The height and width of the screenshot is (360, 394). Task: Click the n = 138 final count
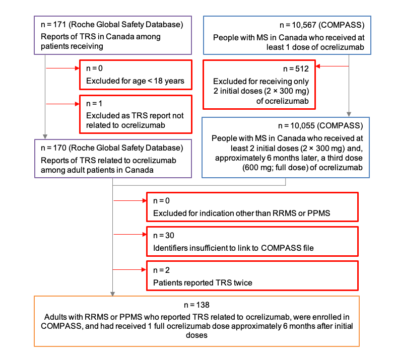pyautogui.click(x=196, y=305)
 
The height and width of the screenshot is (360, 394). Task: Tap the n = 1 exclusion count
pyautogui.click(x=94, y=103)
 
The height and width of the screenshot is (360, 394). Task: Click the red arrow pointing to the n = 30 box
pyautogui.click(x=130, y=235)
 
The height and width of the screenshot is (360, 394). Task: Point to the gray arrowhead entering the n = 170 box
pyautogui.click(x=46, y=136)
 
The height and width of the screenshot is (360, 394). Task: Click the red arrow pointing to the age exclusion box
pyautogui.click(x=63, y=69)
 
